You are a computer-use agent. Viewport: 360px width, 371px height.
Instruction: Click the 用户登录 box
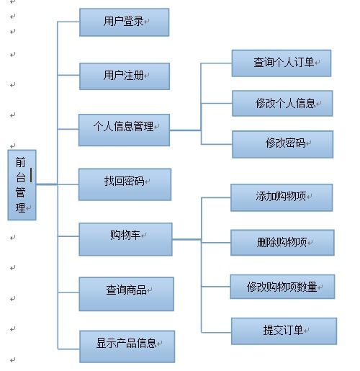(124, 22)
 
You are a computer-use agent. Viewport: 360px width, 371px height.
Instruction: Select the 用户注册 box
(125, 76)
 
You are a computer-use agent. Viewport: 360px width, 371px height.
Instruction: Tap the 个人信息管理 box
(124, 130)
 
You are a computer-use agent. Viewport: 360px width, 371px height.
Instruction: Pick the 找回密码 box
(125, 184)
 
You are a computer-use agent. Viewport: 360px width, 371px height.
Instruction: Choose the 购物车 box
(125, 239)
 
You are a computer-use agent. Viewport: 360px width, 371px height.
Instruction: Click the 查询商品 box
(126, 294)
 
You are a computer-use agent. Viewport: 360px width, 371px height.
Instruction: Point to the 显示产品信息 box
(127, 347)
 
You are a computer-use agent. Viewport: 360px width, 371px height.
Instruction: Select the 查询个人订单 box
(282, 63)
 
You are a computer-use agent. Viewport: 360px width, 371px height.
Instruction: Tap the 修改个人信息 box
(282, 103)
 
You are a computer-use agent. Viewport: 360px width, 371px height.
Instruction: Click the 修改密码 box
(283, 144)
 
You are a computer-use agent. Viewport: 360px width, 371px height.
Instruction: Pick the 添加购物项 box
(282, 197)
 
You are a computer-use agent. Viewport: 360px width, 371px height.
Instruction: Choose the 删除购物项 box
(282, 243)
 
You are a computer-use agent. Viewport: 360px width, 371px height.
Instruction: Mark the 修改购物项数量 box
(282, 287)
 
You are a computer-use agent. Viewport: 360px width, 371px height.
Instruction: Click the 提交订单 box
(284, 331)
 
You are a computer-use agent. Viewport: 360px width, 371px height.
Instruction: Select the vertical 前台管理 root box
(22, 185)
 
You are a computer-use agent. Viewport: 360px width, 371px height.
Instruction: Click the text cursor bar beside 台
(31, 175)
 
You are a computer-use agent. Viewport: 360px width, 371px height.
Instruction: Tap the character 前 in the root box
(20, 162)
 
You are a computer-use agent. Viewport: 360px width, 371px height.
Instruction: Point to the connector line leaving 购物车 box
(186, 239)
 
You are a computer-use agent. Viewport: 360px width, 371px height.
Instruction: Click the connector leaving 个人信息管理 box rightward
(185, 130)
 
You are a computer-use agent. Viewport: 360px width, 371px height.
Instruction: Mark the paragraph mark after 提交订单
(306, 331)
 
